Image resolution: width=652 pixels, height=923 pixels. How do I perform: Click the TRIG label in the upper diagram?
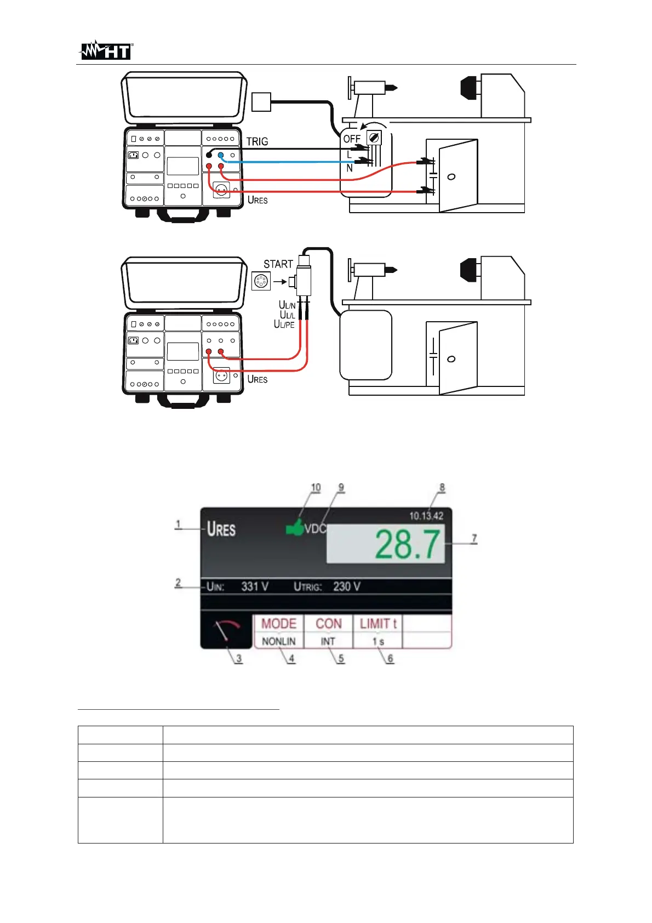tap(257, 141)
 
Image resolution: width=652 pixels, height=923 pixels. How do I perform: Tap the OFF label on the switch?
tap(352, 139)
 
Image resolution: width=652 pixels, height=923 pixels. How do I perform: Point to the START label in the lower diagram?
tap(278, 264)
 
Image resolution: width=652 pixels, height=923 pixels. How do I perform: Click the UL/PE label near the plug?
tap(284, 324)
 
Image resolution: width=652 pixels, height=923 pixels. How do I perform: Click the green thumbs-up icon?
tap(295, 527)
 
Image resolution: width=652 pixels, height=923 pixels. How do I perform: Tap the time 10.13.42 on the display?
tap(426, 516)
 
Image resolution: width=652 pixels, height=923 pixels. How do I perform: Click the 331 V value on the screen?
tap(255, 586)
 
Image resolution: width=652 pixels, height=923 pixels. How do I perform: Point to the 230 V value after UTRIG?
tap(347, 586)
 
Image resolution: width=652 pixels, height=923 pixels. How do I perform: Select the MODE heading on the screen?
tap(278, 624)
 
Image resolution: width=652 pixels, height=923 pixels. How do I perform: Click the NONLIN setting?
tap(278, 641)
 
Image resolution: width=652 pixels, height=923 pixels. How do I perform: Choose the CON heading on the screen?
tap(328, 624)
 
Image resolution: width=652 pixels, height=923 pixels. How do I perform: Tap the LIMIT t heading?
tap(378, 624)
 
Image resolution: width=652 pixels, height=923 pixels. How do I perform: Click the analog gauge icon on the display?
tap(226, 631)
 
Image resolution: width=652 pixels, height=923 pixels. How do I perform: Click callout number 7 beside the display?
tap(474, 538)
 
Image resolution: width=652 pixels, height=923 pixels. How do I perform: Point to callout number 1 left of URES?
tap(178, 525)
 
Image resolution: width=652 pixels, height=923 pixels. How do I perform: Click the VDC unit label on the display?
tap(315, 529)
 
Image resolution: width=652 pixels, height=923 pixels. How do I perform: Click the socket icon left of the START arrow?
tap(261, 282)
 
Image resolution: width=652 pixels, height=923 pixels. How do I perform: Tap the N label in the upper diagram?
tap(350, 168)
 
